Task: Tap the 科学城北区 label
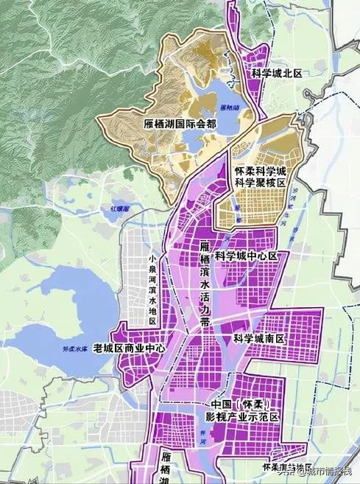(x=278, y=74)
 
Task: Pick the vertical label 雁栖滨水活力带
(x=205, y=281)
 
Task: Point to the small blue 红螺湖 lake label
(x=120, y=209)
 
